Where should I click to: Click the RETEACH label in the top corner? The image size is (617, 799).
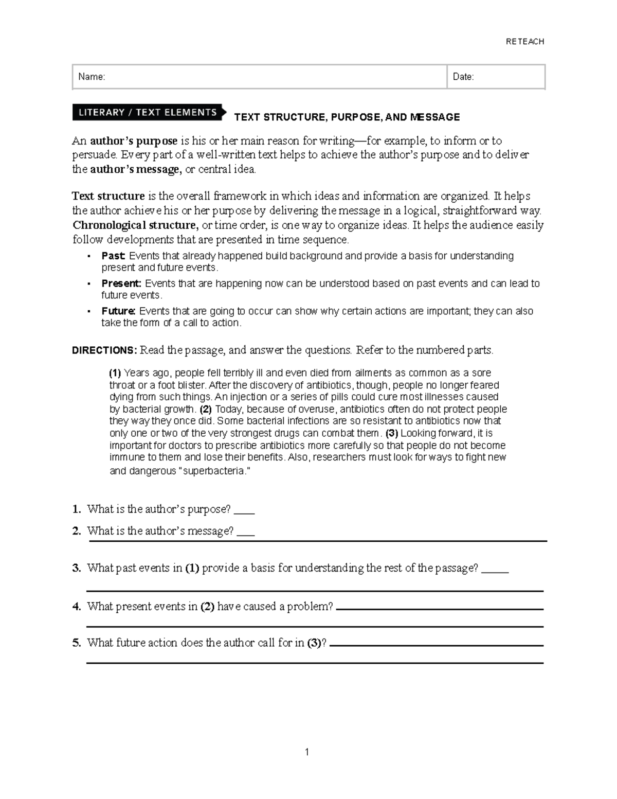point(524,42)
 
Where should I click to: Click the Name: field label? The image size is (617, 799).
point(92,77)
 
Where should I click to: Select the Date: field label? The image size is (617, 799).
point(463,77)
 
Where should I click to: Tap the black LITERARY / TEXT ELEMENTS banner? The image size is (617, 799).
point(148,112)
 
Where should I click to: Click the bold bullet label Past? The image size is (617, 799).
point(114,256)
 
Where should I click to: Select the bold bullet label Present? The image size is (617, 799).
point(121,283)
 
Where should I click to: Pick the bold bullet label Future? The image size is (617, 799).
point(119,311)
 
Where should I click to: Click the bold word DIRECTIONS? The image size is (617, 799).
point(104,350)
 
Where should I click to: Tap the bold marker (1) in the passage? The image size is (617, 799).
point(115,373)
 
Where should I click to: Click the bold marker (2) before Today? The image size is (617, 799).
point(206,410)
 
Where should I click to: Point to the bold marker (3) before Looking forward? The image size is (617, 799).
point(392,433)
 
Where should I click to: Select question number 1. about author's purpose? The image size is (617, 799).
point(77,509)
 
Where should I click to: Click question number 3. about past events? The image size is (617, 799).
point(77,568)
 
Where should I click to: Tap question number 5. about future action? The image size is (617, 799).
point(77,643)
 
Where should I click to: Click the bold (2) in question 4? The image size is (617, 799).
point(207,607)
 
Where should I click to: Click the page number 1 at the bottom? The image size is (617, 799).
point(307,752)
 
